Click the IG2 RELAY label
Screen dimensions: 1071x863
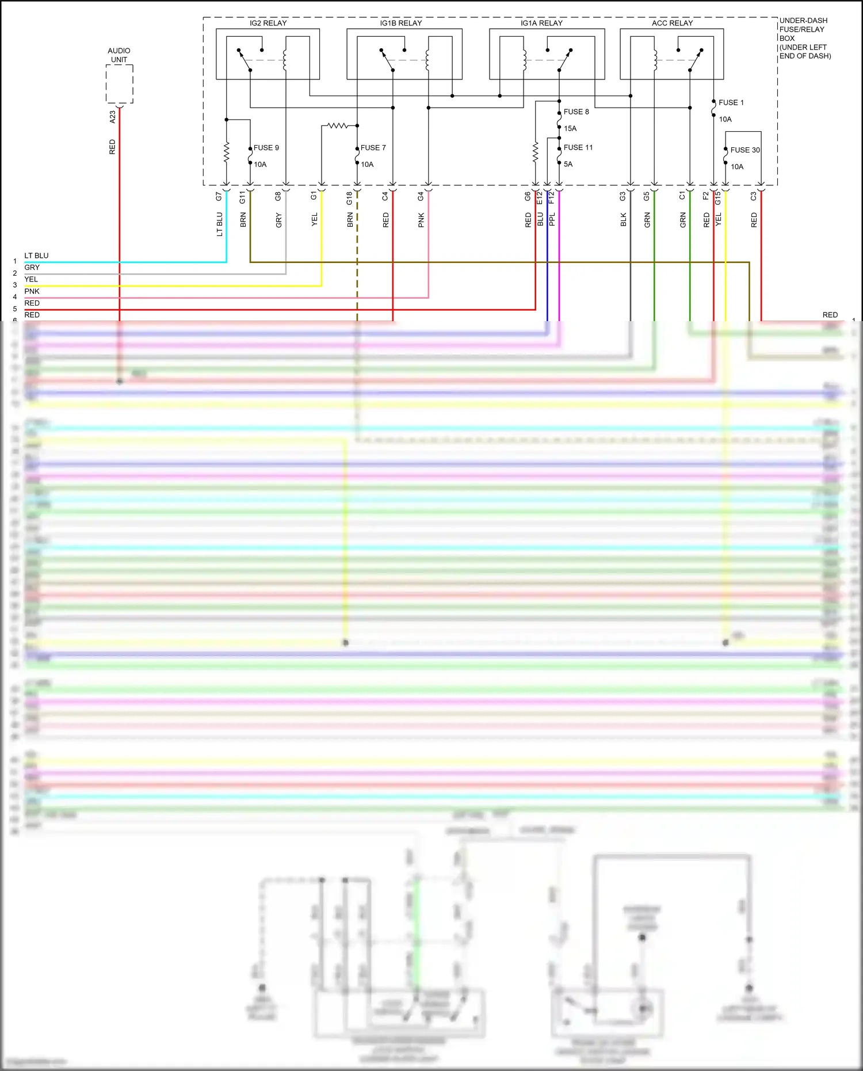tap(268, 23)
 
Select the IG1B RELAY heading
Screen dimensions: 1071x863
tap(400, 23)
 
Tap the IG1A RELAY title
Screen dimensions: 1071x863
tap(541, 23)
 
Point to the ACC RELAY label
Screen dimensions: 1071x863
tap(672, 23)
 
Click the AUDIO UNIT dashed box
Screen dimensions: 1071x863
tap(120, 84)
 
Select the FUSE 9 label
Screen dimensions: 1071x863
tap(266, 148)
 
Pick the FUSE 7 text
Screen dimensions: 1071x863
tap(373, 148)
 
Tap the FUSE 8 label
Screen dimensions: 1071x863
tap(576, 112)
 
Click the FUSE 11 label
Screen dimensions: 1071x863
tap(578, 147)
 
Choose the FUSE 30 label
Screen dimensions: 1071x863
tap(745, 150)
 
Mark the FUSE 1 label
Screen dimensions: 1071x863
tap(731, 102)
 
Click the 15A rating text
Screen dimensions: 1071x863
tap(570, 128)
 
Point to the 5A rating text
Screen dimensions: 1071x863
tap(568, 164)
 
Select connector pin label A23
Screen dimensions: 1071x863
tap(113, 117)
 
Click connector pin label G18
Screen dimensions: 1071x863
tap(350, 199)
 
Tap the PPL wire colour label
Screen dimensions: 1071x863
tap(552, 219)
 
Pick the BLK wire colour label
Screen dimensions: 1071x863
tap(624, 220)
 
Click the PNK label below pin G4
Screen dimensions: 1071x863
tap(421, 220)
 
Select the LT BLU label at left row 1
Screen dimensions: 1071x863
tap(36, 256)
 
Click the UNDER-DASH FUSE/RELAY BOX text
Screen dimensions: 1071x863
tap(805, 38)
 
